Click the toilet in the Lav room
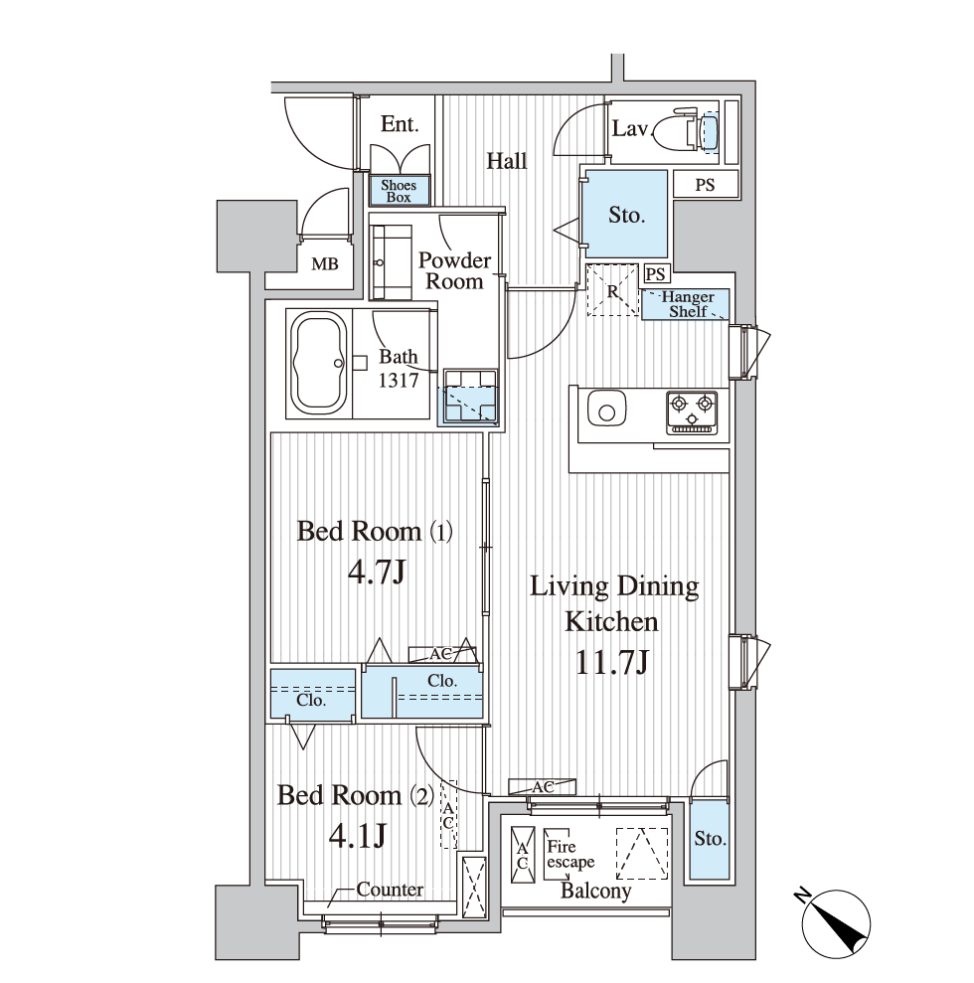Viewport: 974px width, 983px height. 686,131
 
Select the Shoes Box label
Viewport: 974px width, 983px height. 399,191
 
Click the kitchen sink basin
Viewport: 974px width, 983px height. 606,410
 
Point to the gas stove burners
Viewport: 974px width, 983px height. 692,411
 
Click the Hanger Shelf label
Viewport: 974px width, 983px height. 688,304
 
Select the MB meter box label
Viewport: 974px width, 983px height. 325,264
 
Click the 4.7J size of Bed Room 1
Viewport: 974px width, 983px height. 378,572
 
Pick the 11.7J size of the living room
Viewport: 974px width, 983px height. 611,662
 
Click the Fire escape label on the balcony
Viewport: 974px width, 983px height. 569,855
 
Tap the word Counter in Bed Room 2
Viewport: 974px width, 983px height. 390,889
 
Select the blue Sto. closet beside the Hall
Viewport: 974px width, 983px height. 625,214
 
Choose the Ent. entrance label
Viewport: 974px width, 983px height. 400,124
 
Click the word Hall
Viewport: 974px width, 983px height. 507,161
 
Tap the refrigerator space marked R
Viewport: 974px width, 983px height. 612,291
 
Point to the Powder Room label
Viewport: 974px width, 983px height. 454,270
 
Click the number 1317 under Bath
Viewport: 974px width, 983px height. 398,380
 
